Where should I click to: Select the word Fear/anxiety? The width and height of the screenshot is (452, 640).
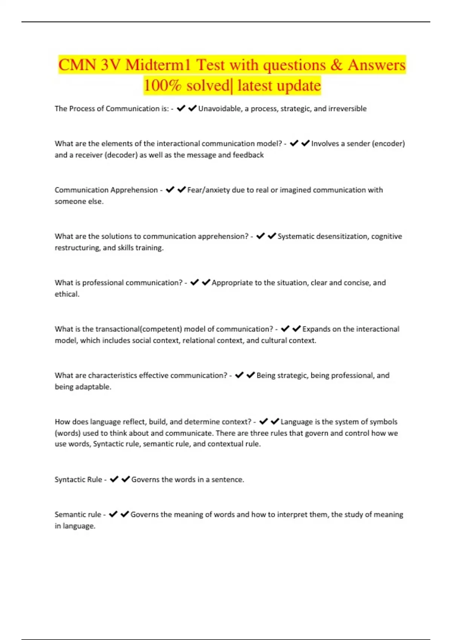pyautogui.click(x=208, y=190)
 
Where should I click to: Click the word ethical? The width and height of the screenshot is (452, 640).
pyautogui.click(x=67, y=294)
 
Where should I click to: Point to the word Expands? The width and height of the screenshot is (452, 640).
pyautogui.click(x=316, y=329)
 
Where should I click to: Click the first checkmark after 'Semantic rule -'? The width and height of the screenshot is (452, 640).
pyautogui.click(x=113, y=514)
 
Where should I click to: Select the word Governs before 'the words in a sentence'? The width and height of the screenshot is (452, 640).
pyautogui.click(x=145, y=480)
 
